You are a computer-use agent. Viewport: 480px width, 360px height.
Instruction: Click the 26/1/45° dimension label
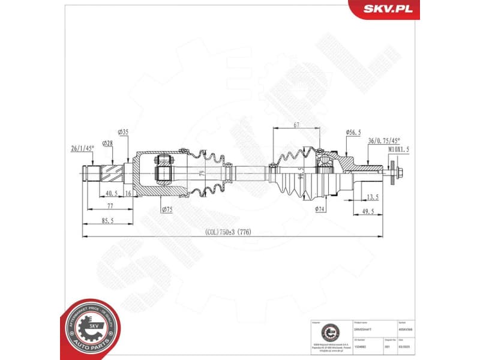82,147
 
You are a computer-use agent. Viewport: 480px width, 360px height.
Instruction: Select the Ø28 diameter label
108,143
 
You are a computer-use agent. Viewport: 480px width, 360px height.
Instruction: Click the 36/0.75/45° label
384,140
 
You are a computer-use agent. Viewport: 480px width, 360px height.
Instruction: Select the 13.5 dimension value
371,196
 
